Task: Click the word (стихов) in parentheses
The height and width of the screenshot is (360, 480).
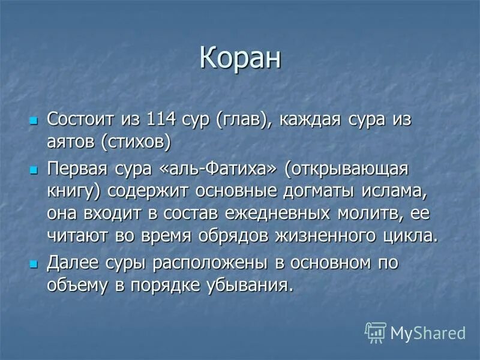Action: (x=136, y=142)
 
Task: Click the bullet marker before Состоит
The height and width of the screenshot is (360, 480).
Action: (x=34, y=119)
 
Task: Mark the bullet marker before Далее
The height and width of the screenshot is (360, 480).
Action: (x=34, y=263)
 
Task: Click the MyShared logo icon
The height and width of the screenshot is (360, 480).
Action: (x=376, y=332)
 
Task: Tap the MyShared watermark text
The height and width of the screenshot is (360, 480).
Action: (x=427, y=332)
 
